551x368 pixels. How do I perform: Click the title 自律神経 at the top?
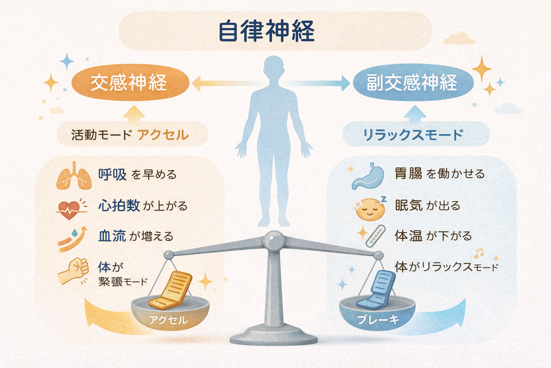(x=267, y=31)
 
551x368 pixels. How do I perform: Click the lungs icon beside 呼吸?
(x=74, y=176)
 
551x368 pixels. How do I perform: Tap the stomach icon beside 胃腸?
(x=368, y=176)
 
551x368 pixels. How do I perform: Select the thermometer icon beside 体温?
(x=375, y=236)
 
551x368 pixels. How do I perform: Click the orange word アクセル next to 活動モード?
(x=163, y=135)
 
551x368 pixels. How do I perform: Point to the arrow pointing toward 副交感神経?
(x=319, y=83)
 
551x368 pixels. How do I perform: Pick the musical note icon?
(x=479, y=253)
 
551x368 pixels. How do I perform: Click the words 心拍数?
(x=119, y=206)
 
